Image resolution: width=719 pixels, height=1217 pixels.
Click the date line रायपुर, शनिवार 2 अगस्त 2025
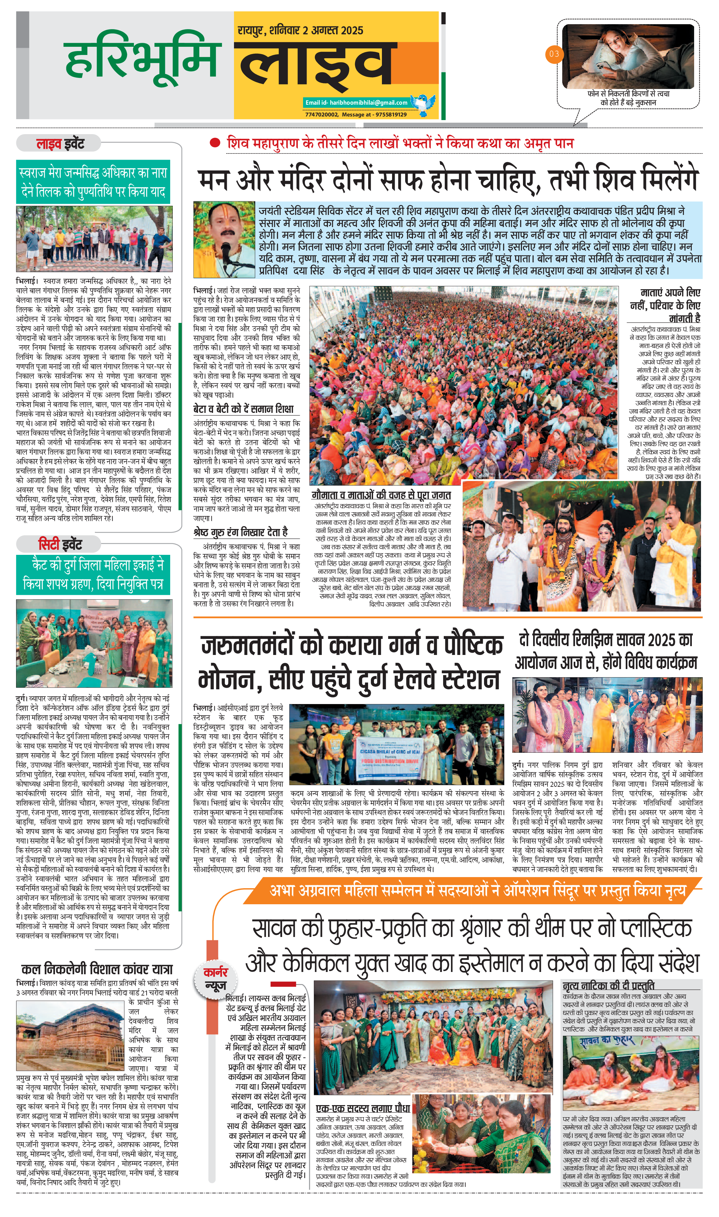coord(300,30)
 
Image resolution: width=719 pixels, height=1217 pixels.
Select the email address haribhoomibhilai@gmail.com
coord(357,103)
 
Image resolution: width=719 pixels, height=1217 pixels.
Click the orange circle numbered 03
coord(554,54)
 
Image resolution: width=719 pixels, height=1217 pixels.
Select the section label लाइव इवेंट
coord(60,144)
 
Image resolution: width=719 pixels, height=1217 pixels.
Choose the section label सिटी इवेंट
coord(60,544)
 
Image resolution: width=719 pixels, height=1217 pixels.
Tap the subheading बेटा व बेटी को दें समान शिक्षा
coord(243,409)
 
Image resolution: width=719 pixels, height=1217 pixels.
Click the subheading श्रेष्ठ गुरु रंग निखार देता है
coord(240,532)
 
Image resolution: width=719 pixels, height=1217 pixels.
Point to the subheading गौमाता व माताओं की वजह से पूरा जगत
coord(381,495)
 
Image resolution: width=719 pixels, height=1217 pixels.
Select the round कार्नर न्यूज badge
coord(215,978)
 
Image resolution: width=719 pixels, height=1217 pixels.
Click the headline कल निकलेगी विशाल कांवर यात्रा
coord(97,969)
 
